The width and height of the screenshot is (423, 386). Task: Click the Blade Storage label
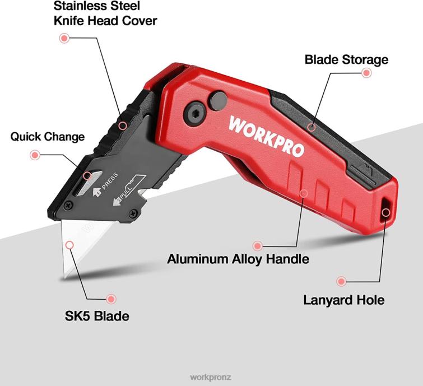(x=346, y=59)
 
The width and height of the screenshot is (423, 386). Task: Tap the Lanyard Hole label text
(x=344, y=300)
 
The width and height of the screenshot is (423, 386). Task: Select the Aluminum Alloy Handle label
(x=238, y=259)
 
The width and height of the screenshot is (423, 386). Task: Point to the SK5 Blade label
(x=96, y=315)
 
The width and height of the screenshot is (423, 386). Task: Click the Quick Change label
(x=47, y=137)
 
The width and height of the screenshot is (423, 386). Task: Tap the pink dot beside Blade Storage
(x=366, y=73)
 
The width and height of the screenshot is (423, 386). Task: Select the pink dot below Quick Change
(x=35, y=155)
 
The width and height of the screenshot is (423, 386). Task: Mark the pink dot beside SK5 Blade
(x=111, y=299)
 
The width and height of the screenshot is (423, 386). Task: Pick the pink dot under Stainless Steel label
(x=64, y=39)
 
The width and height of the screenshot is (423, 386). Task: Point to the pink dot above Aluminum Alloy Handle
(x=258, y=245)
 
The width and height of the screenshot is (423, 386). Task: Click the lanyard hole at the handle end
(x=385, y=212)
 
